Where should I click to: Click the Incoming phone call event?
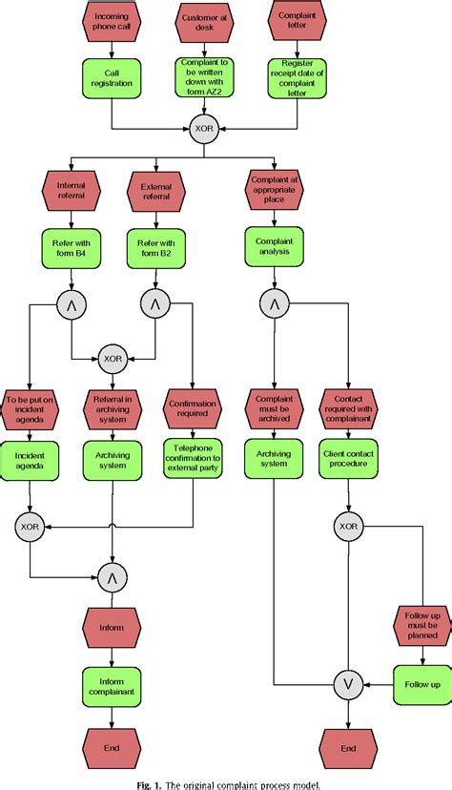click(113, 22)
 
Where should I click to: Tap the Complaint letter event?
click(297, 22)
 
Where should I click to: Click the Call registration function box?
click(113, 76)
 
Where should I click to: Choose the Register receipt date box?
click(297, 76)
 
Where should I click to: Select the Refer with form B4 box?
click(71, 248)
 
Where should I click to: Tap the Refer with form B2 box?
click(155, 248)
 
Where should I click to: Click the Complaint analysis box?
click(274, 248)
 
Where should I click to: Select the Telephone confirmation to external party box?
click(193, 457)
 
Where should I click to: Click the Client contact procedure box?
click(347, 457)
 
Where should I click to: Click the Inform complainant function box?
click(112, 683)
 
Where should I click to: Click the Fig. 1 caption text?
click(225, 782)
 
